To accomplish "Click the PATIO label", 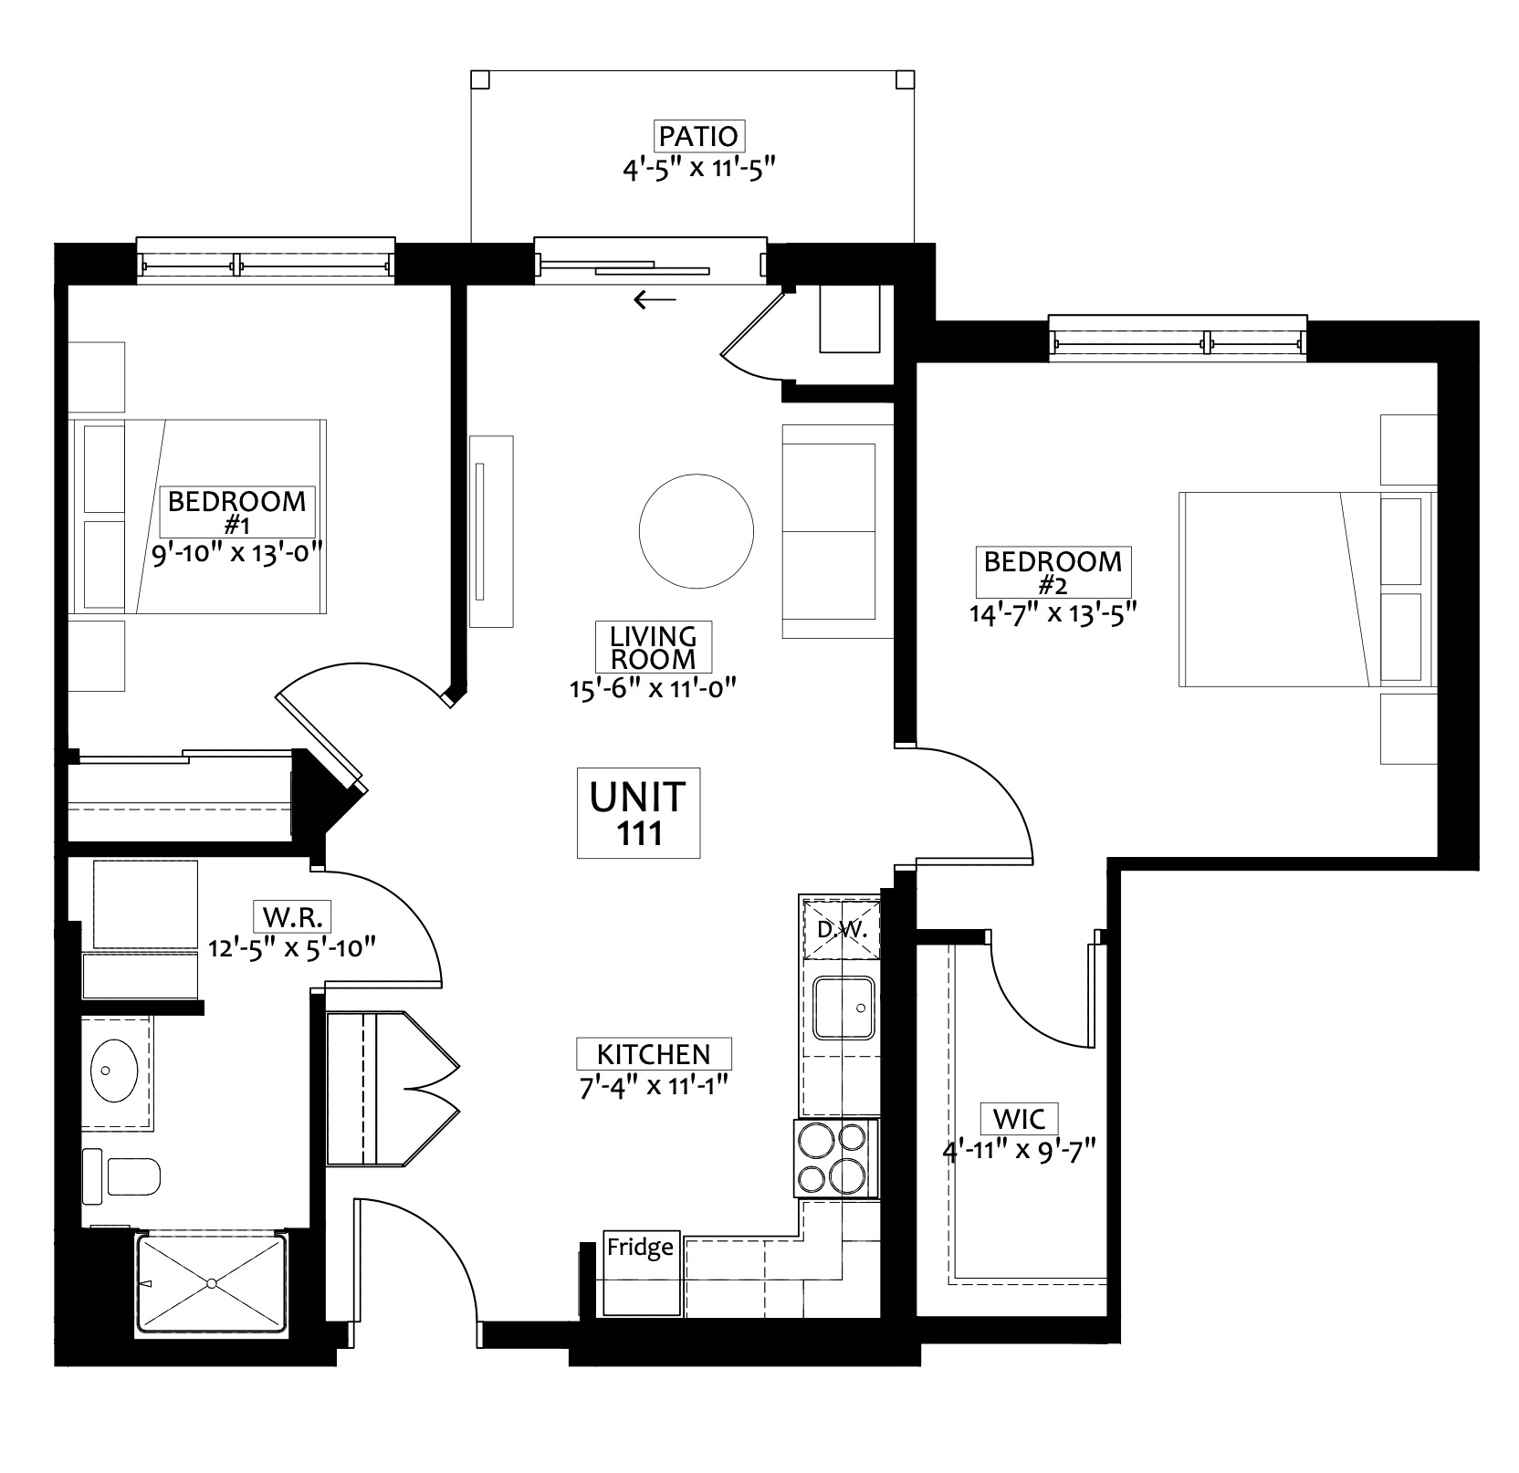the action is (x=698, y=136).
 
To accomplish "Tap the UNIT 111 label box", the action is (x=638, y=812).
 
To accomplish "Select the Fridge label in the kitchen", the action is (x=641, y=1247).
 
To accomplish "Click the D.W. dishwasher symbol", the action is (x=840, y=931).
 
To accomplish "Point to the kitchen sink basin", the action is (x=845, y=1008).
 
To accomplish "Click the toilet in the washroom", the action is (x=121, y=1175).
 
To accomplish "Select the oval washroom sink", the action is (x=115, y=1070).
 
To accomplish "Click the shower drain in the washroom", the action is (x=211, y=1283).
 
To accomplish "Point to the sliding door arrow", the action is (x=655, y=298).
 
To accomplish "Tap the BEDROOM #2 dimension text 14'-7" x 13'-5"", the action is (x=1053, y=612).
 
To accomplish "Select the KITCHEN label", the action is (x=654, y=1054).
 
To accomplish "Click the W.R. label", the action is (x=293, y=915).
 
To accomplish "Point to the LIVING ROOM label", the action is (x=653, y=647).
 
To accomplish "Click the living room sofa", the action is (x=837, y=531).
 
